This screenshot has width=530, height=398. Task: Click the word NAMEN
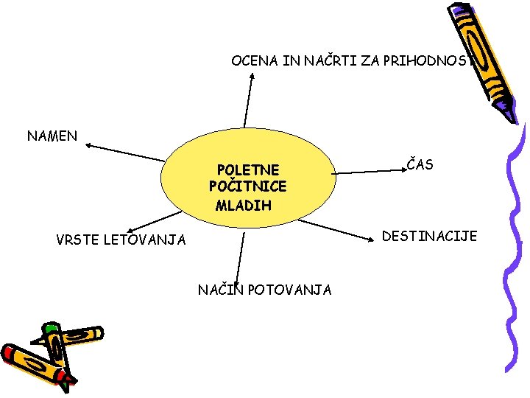point(52,136)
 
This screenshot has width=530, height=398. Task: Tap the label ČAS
point(420,164)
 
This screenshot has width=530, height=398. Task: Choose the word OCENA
point(254,60)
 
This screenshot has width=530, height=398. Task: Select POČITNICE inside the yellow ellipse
point(247,186)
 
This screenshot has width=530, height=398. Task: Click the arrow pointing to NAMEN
point(125,152)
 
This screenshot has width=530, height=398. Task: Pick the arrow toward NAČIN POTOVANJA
point(241,259)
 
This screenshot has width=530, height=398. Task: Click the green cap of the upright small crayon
point(51,327)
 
